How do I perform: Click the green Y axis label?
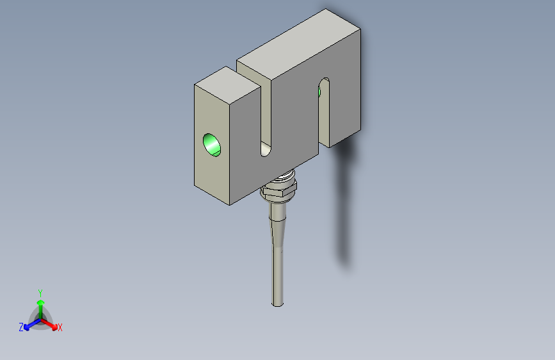click(40, 292)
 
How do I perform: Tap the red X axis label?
click(60, 327)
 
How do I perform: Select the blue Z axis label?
click(21, 327)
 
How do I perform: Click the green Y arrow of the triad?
click(40, 304)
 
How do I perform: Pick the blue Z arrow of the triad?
click(29, 323)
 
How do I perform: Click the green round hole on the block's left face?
click(212, 145)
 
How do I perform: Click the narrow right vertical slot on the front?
click(324, 112)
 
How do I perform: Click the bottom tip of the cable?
click(278, 304)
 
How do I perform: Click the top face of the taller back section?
click(298, 45)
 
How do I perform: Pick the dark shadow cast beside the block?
click(344, 205)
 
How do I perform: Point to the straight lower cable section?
click(278, 275)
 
